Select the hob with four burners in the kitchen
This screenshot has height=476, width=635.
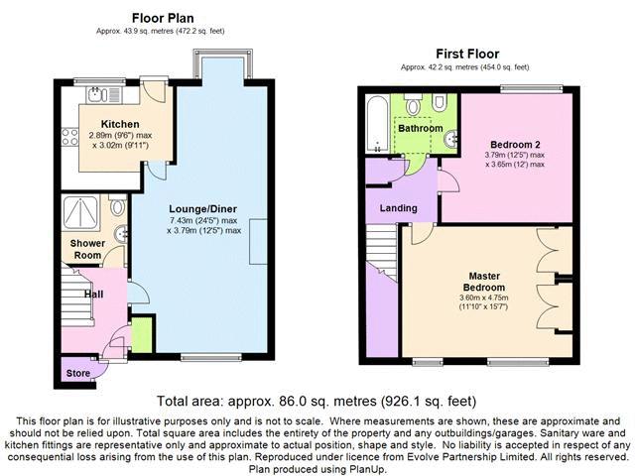pos(69,137)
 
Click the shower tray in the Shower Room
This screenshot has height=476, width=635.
pos(80,212)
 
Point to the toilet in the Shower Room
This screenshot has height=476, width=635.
pos(118,205)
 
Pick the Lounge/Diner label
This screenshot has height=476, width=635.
pos(202,209)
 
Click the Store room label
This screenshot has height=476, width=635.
pos(78,373)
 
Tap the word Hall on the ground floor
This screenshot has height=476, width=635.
pos(93,295)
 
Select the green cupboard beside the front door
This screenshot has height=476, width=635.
pos(142,335)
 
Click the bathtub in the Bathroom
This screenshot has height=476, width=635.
pos(377,124)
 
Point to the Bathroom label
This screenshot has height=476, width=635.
pos(421,128)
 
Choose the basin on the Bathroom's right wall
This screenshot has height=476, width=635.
pos(451,139)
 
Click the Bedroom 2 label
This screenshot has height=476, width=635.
pos(515,145)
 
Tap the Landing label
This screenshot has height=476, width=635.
pos(399,208)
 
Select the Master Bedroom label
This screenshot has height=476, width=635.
pos(484,282)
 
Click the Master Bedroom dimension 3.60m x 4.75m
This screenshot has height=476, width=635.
pos(483,297)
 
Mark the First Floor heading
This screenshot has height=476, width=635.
pos(467,54)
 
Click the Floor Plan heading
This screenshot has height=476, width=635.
pos(163,18)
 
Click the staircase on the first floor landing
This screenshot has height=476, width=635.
pos(381,251)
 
